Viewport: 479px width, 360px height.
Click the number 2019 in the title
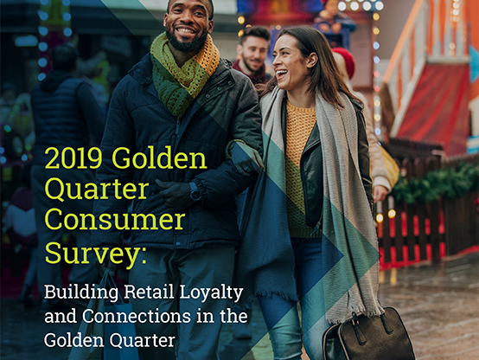(73, 158)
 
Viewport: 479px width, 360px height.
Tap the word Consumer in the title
(115, 220)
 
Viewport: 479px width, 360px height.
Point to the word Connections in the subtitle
(137, 316)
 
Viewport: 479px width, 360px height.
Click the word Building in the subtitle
(81, 293)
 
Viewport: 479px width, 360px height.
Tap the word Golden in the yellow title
(159, 158)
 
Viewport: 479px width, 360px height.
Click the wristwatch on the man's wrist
(195, 191)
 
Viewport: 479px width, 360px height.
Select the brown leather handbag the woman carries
(368, 334)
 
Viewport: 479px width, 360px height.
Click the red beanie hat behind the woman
(345, 61)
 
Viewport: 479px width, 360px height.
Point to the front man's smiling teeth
(185, 31)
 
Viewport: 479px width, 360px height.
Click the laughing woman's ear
(312, 60)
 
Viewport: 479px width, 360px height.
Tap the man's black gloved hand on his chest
(173, 194)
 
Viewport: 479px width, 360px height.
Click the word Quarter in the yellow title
(97, 190)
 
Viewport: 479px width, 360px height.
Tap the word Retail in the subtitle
(149, 292)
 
